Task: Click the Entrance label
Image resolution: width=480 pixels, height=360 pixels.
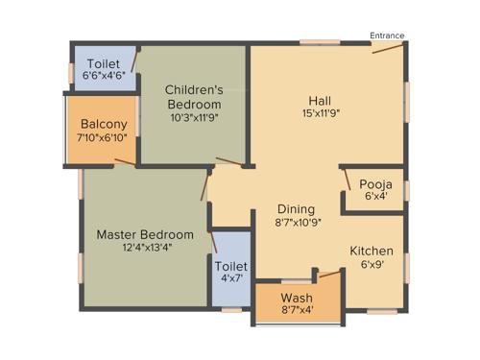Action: (387, 36)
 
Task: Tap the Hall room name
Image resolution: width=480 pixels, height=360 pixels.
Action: (321, 101)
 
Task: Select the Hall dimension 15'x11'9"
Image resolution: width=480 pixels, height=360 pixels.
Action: (321, 113)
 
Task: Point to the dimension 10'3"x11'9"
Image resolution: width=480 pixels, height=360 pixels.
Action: (194, 120)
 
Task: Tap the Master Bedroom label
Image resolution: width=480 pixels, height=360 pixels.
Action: (145, 234)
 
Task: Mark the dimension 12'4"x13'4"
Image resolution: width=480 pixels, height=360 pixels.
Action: (145, 248)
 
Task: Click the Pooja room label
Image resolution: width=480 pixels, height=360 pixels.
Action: (374, 184)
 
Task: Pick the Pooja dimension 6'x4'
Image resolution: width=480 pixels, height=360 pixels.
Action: (374, 197)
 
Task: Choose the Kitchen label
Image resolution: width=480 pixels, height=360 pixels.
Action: (371, 251)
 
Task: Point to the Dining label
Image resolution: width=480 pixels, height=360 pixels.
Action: (296, 209)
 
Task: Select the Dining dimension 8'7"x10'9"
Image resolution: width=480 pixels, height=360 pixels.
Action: (296, 223)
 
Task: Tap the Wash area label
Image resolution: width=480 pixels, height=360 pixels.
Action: (298, 298)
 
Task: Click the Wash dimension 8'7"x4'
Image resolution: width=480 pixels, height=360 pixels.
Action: (298, 310)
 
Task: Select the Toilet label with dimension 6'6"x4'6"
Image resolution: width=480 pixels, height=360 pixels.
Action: (103, 63)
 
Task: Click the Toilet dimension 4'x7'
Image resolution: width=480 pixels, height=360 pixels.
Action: (230, 279)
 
